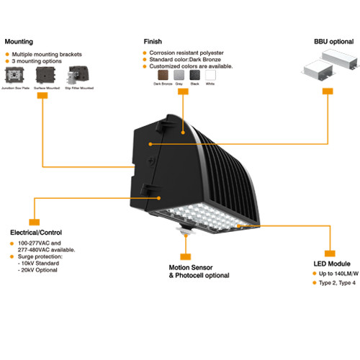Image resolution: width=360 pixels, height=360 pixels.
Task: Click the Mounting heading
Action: (x=19, y=42)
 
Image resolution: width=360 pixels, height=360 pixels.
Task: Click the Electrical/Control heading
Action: (x=37, y=233)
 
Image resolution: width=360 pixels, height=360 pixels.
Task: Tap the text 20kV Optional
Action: (x=37, y=270)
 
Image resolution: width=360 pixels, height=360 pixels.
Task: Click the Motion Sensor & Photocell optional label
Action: (x=199, y=271)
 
